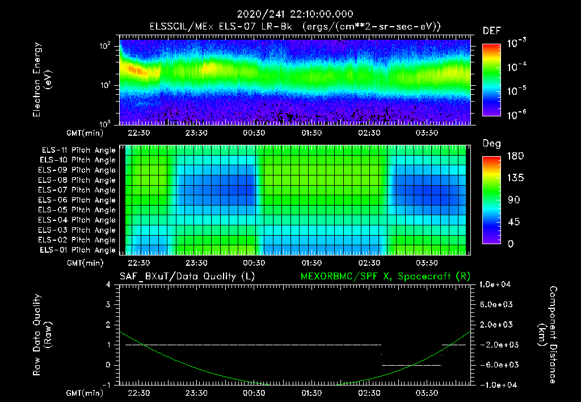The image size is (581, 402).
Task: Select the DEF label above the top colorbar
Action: click(491, 31)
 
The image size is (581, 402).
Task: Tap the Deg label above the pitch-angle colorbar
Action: click(491, 144)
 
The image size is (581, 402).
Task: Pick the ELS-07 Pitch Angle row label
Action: click(77, 190)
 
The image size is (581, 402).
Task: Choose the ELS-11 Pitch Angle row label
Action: click(77, 150)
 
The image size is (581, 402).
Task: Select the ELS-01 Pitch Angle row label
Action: click(77, 250)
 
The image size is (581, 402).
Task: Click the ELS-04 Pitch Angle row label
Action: click(77, 220)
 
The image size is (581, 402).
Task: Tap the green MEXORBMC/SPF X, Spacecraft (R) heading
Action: click(385, 276)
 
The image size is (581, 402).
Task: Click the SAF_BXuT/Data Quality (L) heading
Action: click(187, 276)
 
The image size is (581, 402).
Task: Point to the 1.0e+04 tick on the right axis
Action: click(496, 284)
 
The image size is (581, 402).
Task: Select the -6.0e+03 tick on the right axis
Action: click(496, 365)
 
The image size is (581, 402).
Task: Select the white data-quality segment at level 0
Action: click(412, 365)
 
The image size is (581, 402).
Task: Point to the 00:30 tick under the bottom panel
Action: click(254, 392)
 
